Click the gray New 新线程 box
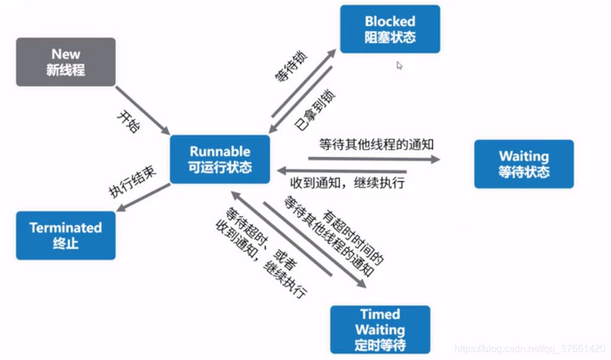[x=66, y=62]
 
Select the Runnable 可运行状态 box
[x=220, y=159]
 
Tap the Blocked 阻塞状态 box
[x=390, y=29]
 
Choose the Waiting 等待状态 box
[x=524, y=164]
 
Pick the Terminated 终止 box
[x=66, y=235]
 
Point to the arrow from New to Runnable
[x=142, y=110]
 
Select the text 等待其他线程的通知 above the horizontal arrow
[x=376, y=145]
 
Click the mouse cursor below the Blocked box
[x=399, y=65]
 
